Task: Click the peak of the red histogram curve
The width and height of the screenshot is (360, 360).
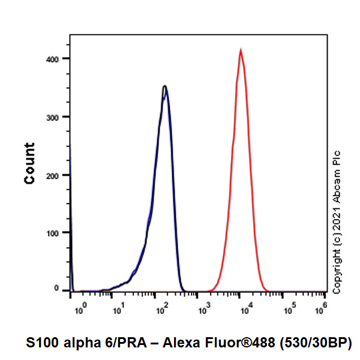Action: coord(241,50)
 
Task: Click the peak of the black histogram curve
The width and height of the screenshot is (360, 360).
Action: coord(164,87)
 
